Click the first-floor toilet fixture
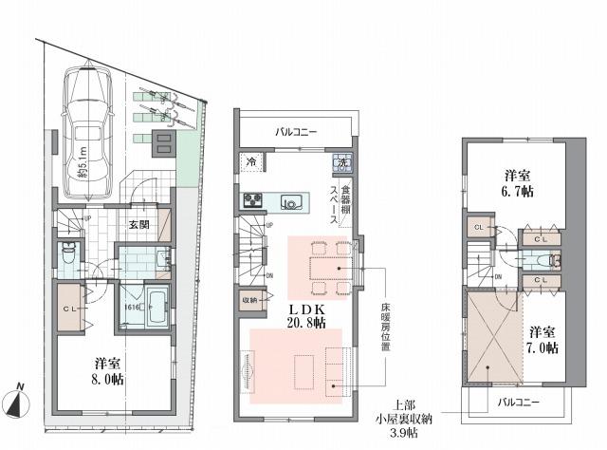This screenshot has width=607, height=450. pyautogui.click(x=69, y=254)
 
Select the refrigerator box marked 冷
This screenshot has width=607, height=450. pyautogui.click(x=252, y=163)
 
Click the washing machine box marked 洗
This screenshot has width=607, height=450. pyautogui.click(x=341, y=163)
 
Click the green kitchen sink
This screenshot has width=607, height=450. pyautogui.click(x=289, y=201)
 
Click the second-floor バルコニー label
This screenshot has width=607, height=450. pyautogui.click(x=298, y=131)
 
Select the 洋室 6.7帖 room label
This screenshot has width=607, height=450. pyautogui.click(x=518, y=182)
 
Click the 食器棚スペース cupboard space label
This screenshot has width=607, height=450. pyautogui.click(x=340, y=202)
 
